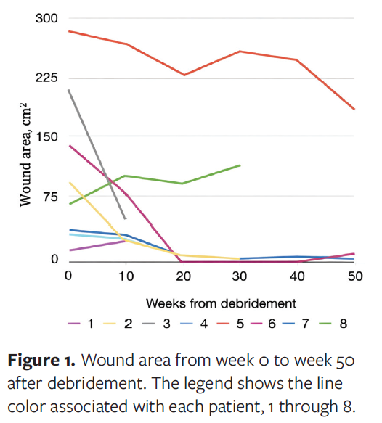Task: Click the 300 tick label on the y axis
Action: tap(47, 19)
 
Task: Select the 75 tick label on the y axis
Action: tap(50, 197)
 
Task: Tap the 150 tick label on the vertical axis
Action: tap(47, 137)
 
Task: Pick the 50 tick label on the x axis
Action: tap(354, 276)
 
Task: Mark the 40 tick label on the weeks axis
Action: tap(297, 276)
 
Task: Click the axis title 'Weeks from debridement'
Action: tap(211, 301)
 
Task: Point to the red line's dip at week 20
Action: tap(183, 75)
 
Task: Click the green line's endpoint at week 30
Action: tap(240, 165)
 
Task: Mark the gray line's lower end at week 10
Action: tap(126, 218)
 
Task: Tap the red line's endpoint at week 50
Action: tap(354, 110)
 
